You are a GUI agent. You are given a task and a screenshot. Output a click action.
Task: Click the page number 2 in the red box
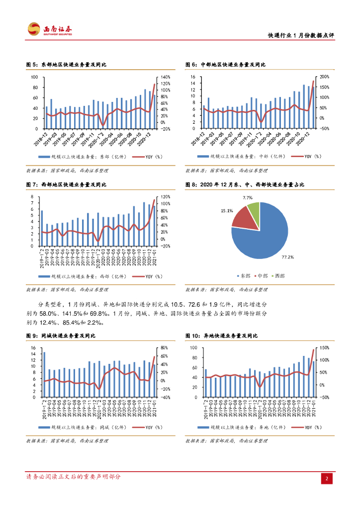point(327,478)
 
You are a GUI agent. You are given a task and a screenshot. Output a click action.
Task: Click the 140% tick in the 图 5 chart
point(165,78)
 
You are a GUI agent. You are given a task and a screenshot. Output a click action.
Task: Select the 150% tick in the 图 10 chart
point(324,348)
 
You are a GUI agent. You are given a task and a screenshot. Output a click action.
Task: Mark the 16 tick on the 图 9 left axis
point(33,348)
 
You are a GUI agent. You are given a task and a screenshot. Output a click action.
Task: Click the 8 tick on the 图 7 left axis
point(32,197)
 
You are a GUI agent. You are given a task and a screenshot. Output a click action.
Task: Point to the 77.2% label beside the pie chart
point(288,257)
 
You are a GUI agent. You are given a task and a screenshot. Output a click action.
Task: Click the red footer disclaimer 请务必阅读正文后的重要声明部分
point(73,477)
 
